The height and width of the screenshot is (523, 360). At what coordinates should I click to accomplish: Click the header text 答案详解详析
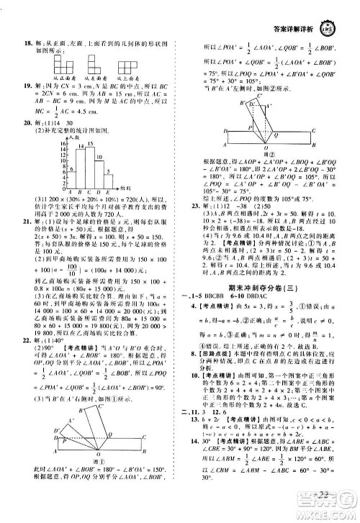[x=289, y=17]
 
